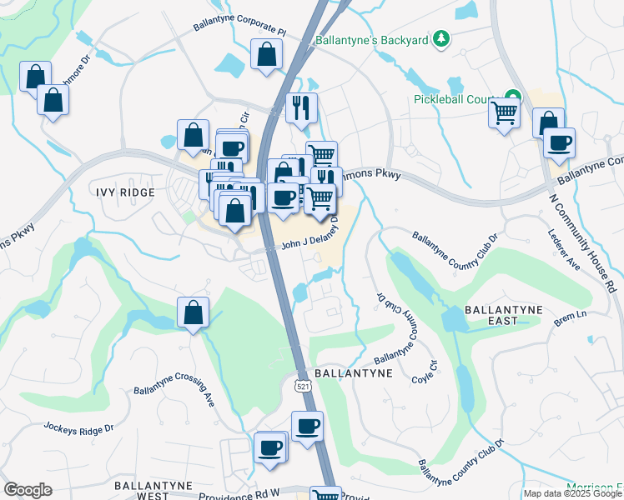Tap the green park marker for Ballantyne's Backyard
point(442,39)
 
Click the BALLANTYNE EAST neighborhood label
point(503,315)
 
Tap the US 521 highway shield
point(302,386)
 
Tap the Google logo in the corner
point(28,490)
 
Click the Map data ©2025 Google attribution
point(572,493)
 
